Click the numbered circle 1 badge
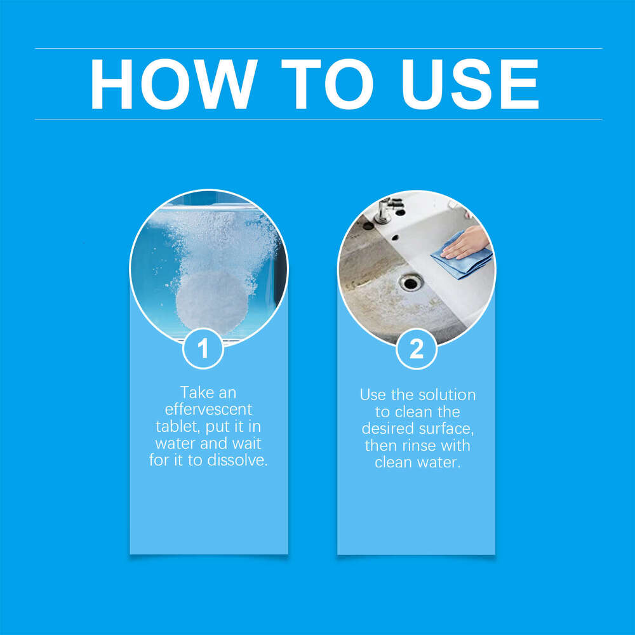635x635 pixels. pyautogui.click(x=203, y=349)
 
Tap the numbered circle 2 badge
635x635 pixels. pyautogui.click(x=417, y=349)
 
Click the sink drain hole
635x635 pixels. pyautogui.click(x=411, y=282)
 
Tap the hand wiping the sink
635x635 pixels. pyautogui.click(x=467, y=243)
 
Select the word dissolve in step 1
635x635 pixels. pyautogui.click(x=237, y=460)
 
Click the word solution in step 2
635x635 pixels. pyautogui.click(x=448, y=394)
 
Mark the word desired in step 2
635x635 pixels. pyautogui.click(x=387, y=428)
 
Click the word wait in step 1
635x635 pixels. pyautogui.click(x=247, y=443)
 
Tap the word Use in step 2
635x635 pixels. pyautogui.click(x=373, y=394)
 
